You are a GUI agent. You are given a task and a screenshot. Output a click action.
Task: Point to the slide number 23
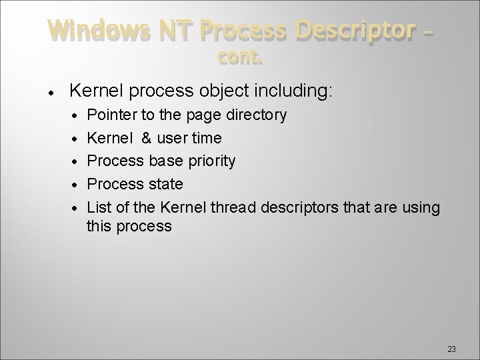click(x=451, y=349)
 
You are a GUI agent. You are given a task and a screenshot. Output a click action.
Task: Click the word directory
click(x=257, y=115)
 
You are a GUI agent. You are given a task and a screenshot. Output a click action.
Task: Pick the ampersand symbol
click(x=147, y=138)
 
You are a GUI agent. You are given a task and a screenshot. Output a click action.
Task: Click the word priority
click(x=211, y=161)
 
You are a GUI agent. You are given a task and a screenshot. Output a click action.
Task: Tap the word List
click(x=99, y=207)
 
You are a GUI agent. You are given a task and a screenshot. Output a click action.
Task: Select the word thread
click(x=230, y=207)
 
